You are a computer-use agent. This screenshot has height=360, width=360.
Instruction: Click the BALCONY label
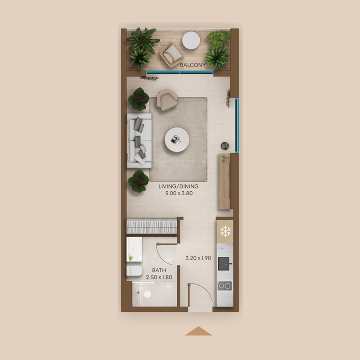(193, 65)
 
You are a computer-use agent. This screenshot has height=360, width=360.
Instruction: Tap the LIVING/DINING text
(178, 186)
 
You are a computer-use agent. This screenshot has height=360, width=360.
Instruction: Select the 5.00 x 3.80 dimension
(178, 195)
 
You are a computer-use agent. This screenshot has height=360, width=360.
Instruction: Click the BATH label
(159, 270)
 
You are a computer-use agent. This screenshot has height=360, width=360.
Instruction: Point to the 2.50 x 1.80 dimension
(159, 277)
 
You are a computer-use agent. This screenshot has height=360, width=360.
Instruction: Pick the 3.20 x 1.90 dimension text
(198, 259)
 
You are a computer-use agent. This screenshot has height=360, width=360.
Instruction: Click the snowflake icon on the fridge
(225, 232)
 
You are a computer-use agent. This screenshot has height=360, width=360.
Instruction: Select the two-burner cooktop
(225, 285)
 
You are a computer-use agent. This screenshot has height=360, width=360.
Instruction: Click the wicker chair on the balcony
(171, 54)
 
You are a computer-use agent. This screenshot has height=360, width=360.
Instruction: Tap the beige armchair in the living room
(166, 99)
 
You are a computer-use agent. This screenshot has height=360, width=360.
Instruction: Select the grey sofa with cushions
(139, 140)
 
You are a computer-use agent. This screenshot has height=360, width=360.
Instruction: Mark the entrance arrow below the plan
(198, 332)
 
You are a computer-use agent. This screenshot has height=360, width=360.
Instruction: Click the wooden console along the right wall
(225, 182)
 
